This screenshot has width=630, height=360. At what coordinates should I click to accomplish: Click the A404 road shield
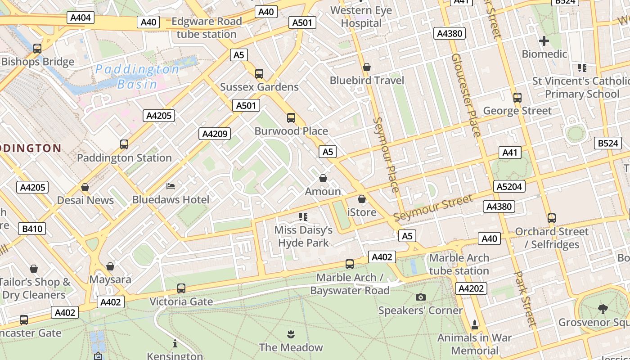(x=81, y=18)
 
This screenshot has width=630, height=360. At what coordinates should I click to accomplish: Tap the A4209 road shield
(x=215, y=134)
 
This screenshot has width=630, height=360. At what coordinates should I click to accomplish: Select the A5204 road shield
(x=510, y=186)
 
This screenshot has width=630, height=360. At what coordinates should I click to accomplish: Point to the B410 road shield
(x=32, y=229)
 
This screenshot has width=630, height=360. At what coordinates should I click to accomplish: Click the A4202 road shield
(x=471, y=288)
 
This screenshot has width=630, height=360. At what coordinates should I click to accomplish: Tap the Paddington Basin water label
(x=137, y=76)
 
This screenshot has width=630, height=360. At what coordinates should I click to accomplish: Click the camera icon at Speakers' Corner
(x=421, y=297)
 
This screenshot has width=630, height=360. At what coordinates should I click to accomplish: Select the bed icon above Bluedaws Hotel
(x=171, y=186)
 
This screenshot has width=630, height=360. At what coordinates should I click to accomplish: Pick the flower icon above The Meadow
(x=291, y=334)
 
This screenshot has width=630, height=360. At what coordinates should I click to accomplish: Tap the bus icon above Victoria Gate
(x=181, y=288)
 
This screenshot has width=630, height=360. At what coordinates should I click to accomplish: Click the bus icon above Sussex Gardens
(x=259, y=73)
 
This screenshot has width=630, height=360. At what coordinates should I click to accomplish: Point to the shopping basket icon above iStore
(x=362, y=199)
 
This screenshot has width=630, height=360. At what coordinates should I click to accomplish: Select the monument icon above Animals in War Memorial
(x=474, y=324)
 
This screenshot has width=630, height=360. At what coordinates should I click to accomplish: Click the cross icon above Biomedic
(x=544, y=41)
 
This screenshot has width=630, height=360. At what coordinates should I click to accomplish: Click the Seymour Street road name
(x=433, y=207)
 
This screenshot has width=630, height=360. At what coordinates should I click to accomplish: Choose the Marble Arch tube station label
(x=459, y=264)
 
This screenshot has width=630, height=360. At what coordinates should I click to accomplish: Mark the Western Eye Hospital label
(x=361, y=17)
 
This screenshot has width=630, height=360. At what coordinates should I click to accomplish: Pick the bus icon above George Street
(x=517, y=97)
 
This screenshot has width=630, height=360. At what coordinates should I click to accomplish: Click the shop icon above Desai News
(x=85, y=187)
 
